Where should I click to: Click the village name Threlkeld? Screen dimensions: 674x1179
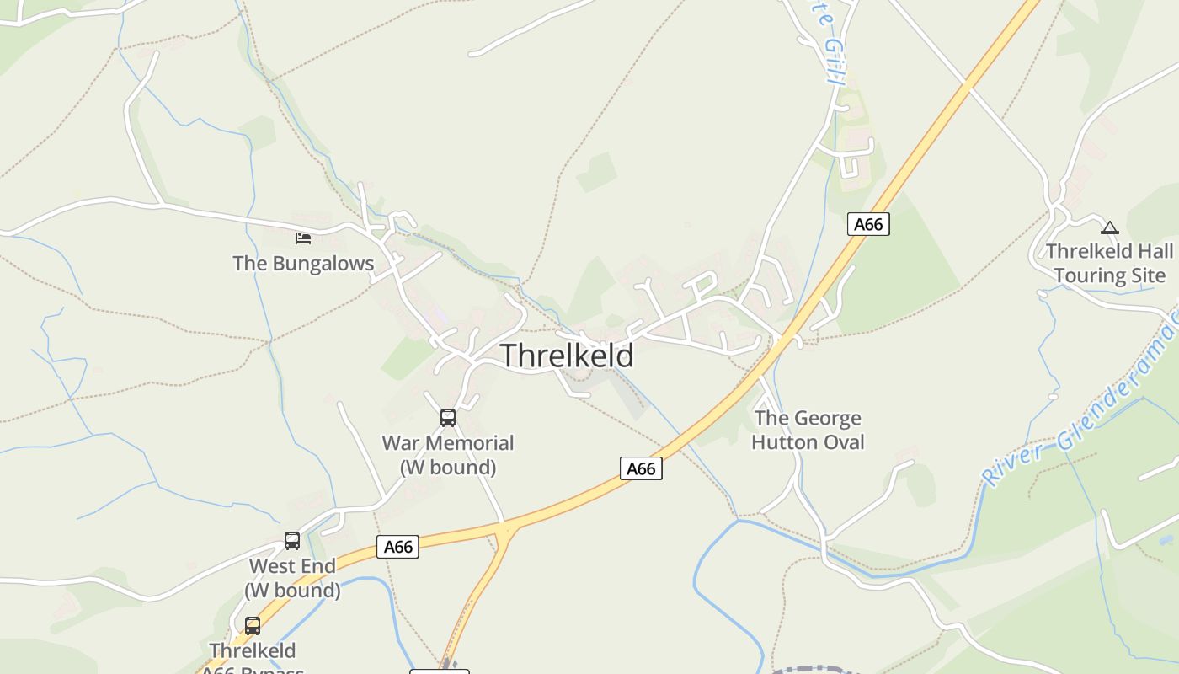point(567,356)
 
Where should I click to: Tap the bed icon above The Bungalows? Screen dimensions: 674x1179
point(303,238)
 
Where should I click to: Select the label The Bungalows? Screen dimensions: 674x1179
point(303,264)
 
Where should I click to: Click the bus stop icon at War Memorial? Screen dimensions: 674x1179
point(448,417)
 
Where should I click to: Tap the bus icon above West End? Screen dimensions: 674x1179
point(292,541)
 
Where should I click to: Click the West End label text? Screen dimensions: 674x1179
point(292,566)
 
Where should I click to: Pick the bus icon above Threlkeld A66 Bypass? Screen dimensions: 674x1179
point(253,626)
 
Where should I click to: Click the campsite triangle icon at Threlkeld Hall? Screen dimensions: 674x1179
point(1110,227)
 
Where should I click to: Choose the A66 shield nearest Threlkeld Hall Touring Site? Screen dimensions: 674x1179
point(868,224)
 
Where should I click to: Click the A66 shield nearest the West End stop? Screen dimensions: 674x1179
point(397,547)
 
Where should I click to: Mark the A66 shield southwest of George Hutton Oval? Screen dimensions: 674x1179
point(641,468)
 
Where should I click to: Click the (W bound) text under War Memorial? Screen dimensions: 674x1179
point(448,467)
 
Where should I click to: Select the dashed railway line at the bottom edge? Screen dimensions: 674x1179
point(808,671)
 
